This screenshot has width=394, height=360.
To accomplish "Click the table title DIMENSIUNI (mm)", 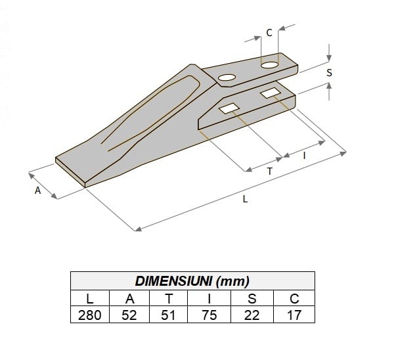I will (x=192, y=281).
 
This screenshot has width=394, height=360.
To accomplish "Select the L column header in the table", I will (x=90, y=298).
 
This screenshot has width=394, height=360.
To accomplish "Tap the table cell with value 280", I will (x=90, y=315).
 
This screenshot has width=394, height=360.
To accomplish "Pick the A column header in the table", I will (x=129, y=298).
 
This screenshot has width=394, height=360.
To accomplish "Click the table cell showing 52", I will (x=129, y=315).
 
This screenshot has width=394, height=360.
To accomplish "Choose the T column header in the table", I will (x=169, y=298).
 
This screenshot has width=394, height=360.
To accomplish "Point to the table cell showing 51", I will (x=169, y=315).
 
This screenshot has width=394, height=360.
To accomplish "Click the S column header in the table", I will (x=252, y=298).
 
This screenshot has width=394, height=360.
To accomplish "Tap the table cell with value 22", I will (x=252, y=315).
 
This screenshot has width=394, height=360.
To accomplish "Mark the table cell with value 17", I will (x=294, y=315).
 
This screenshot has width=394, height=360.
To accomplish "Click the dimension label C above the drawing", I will (x=269, y=33).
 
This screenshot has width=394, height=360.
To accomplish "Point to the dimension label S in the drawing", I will (x=329, y=74).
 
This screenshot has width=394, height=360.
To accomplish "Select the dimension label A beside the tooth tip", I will (x=37, y=191).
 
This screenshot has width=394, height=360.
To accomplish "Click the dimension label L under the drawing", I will (x=245, y=200).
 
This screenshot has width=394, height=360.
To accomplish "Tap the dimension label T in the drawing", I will (x=270, y=171).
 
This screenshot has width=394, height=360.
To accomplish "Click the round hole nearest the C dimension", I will (x=270, y=64).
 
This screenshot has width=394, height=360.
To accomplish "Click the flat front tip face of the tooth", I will (x=71, y=173).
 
